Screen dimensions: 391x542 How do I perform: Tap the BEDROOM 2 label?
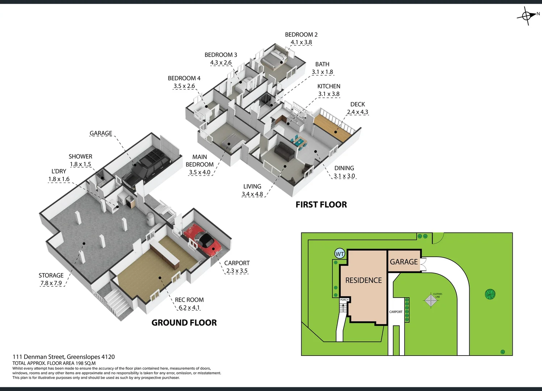(301, 35)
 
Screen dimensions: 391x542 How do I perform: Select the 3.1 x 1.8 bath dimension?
(322, 72)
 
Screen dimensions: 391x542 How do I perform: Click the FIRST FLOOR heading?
(321, 205)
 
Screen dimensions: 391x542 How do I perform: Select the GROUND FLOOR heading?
(184, 323)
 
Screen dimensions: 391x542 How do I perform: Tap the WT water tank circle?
(340, 254)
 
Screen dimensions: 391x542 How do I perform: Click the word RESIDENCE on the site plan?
(364, 280)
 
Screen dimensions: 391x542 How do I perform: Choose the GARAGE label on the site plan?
(404, 262)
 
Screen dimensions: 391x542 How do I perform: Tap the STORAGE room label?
(51, 276)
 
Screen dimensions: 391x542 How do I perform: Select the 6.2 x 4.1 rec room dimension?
(189, 308)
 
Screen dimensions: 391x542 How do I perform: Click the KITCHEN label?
(329, 86)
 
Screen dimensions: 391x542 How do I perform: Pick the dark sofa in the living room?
(285, 151)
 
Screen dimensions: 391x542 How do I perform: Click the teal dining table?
(299, 142)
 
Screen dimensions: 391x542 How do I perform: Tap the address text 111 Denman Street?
(64, 357)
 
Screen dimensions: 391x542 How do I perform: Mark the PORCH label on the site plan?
(344, 300)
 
